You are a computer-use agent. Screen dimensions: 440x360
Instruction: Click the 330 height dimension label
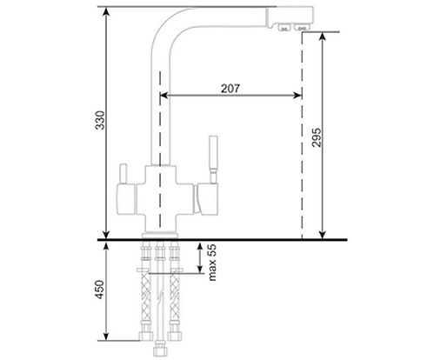(x=100, y=120)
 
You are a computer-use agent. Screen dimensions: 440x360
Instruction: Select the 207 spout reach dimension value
(x=230, y=89)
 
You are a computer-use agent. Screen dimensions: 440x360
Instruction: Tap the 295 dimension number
(x=317, y=137)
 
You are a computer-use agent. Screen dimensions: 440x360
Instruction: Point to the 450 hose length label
(x=99, y=290)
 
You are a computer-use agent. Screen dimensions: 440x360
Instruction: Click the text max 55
(x=212, y=263)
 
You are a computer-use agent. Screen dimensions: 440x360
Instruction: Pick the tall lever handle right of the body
(x=213, y=159)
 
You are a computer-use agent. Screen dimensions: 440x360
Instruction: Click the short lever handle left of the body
(x=123, y=174)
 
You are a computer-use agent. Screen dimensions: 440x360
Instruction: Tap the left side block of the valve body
(x=126, y=199)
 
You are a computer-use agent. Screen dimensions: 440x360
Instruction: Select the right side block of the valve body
(x=206, y=199)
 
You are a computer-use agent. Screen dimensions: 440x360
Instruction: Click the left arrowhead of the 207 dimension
(x=163, y=95)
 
